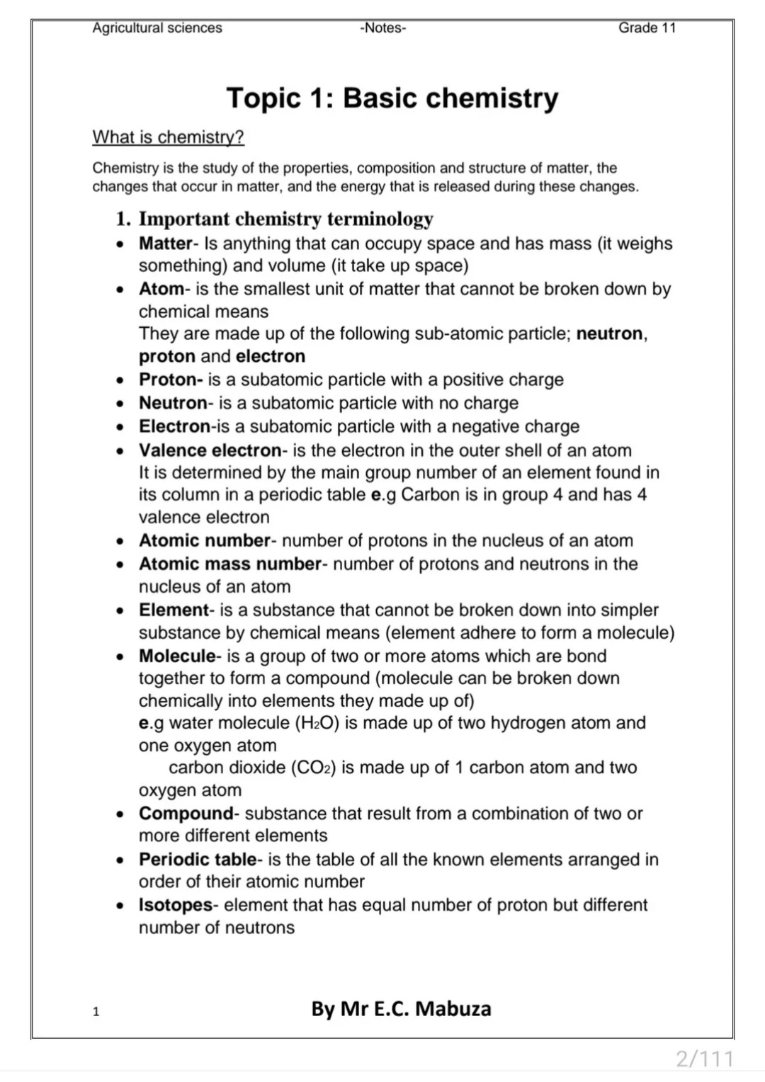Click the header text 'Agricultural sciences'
tap(157, 28)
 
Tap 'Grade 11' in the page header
tap(647, 28)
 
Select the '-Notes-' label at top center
tap(382, 28)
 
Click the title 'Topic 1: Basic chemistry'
tap(392, 98)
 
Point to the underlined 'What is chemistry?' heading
tap(168, 137)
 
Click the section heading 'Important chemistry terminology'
tap(285, 219)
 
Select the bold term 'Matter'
tap(165, 244)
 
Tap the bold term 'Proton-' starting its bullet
tap(171, 380)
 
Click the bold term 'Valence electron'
tap(210, 450)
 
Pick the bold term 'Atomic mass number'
tap(230, 564)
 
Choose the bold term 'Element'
tap(174, 610)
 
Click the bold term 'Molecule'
tap(177, 656)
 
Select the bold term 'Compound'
tap(186, 813)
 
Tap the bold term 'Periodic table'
tap(198, 859)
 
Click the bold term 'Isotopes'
tap(176, 905)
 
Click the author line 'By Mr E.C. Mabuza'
tap(401, 1008)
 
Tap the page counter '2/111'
tap(704, 1059)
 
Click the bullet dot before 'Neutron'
tap(121, 404)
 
